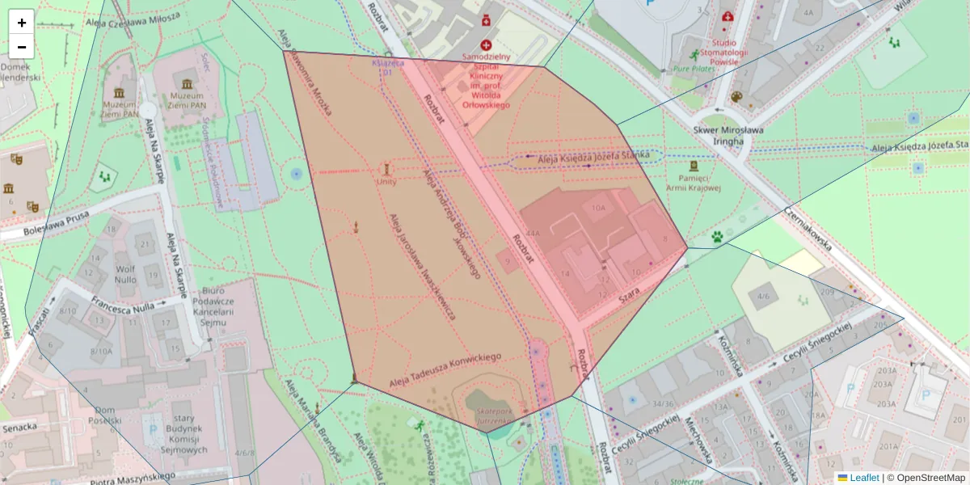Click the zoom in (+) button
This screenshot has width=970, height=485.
(x=22, y=22)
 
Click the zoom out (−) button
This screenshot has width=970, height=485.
(x=22, y=47)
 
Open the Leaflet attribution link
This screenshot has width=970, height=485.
(x=863, y=478)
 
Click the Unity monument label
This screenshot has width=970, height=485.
(x=386, y=182)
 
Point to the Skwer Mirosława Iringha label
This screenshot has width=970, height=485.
(x=718, y=135)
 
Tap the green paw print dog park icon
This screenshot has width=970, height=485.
(x=717, y=237)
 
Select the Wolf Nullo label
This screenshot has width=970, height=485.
(x=125, y=274)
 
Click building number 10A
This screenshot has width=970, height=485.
(x=598, y=208)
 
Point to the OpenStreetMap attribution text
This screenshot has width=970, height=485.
(x=924, y=478)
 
